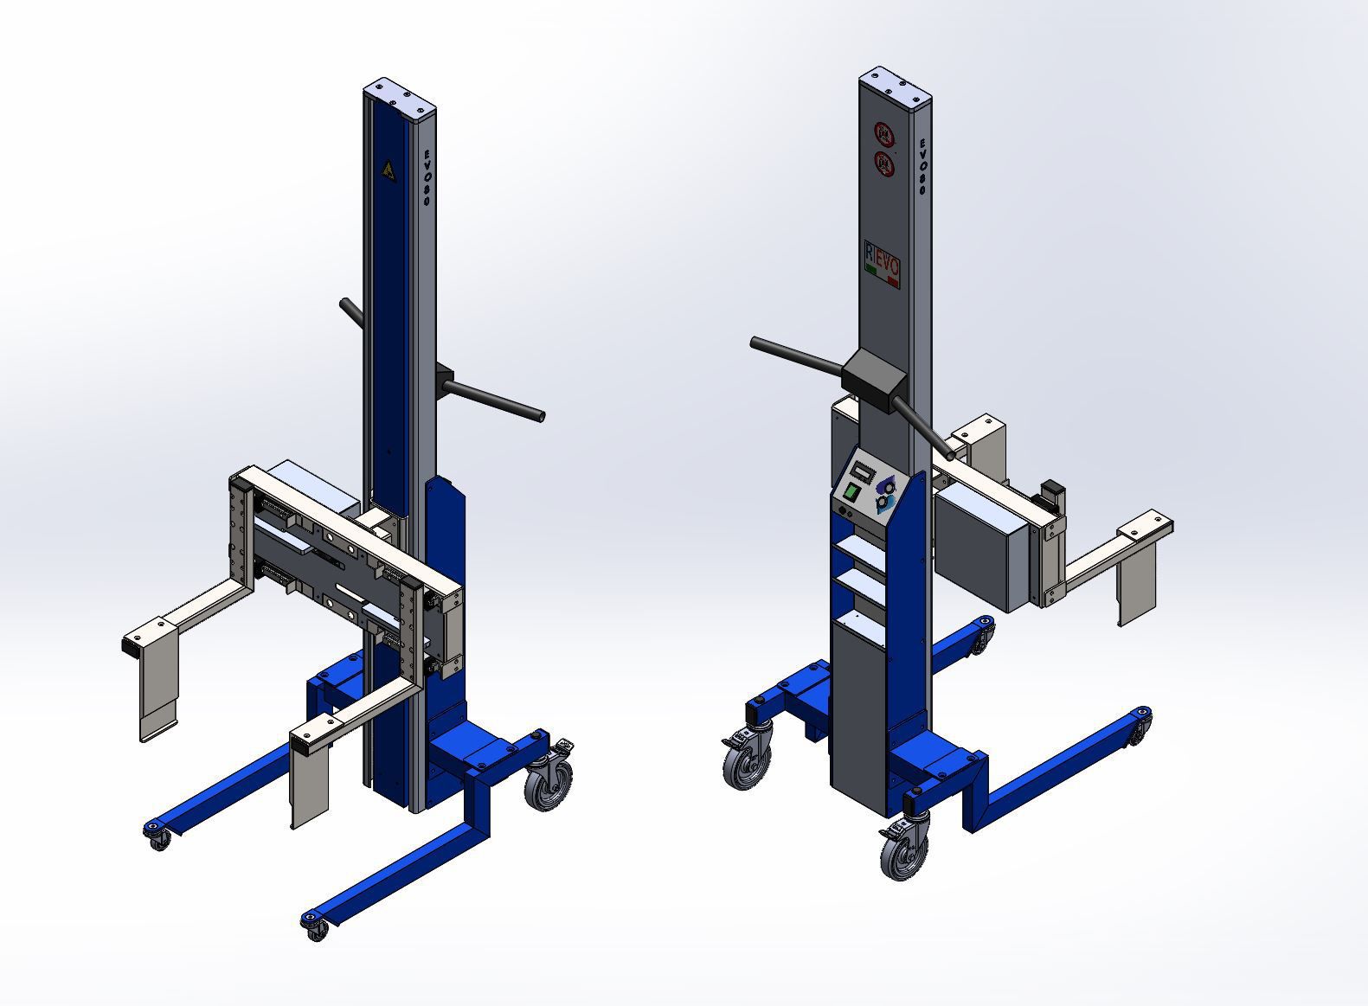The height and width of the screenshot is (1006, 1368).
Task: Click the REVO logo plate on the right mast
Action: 883,263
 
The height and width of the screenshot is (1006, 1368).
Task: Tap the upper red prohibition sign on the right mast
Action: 883,134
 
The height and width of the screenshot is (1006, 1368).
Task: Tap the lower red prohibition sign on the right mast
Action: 883,162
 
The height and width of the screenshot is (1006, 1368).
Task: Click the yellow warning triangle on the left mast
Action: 389,170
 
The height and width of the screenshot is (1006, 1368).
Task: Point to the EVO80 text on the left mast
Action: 426,176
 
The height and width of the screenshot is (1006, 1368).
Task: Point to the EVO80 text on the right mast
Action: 922,165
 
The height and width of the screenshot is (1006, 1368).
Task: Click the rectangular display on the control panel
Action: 862,472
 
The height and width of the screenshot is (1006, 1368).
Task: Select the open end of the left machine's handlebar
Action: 539,417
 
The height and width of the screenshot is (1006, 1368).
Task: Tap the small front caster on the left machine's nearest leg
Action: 316,930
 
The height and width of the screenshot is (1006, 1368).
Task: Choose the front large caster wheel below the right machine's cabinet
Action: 903,851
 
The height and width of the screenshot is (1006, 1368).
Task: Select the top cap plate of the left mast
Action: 400,95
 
